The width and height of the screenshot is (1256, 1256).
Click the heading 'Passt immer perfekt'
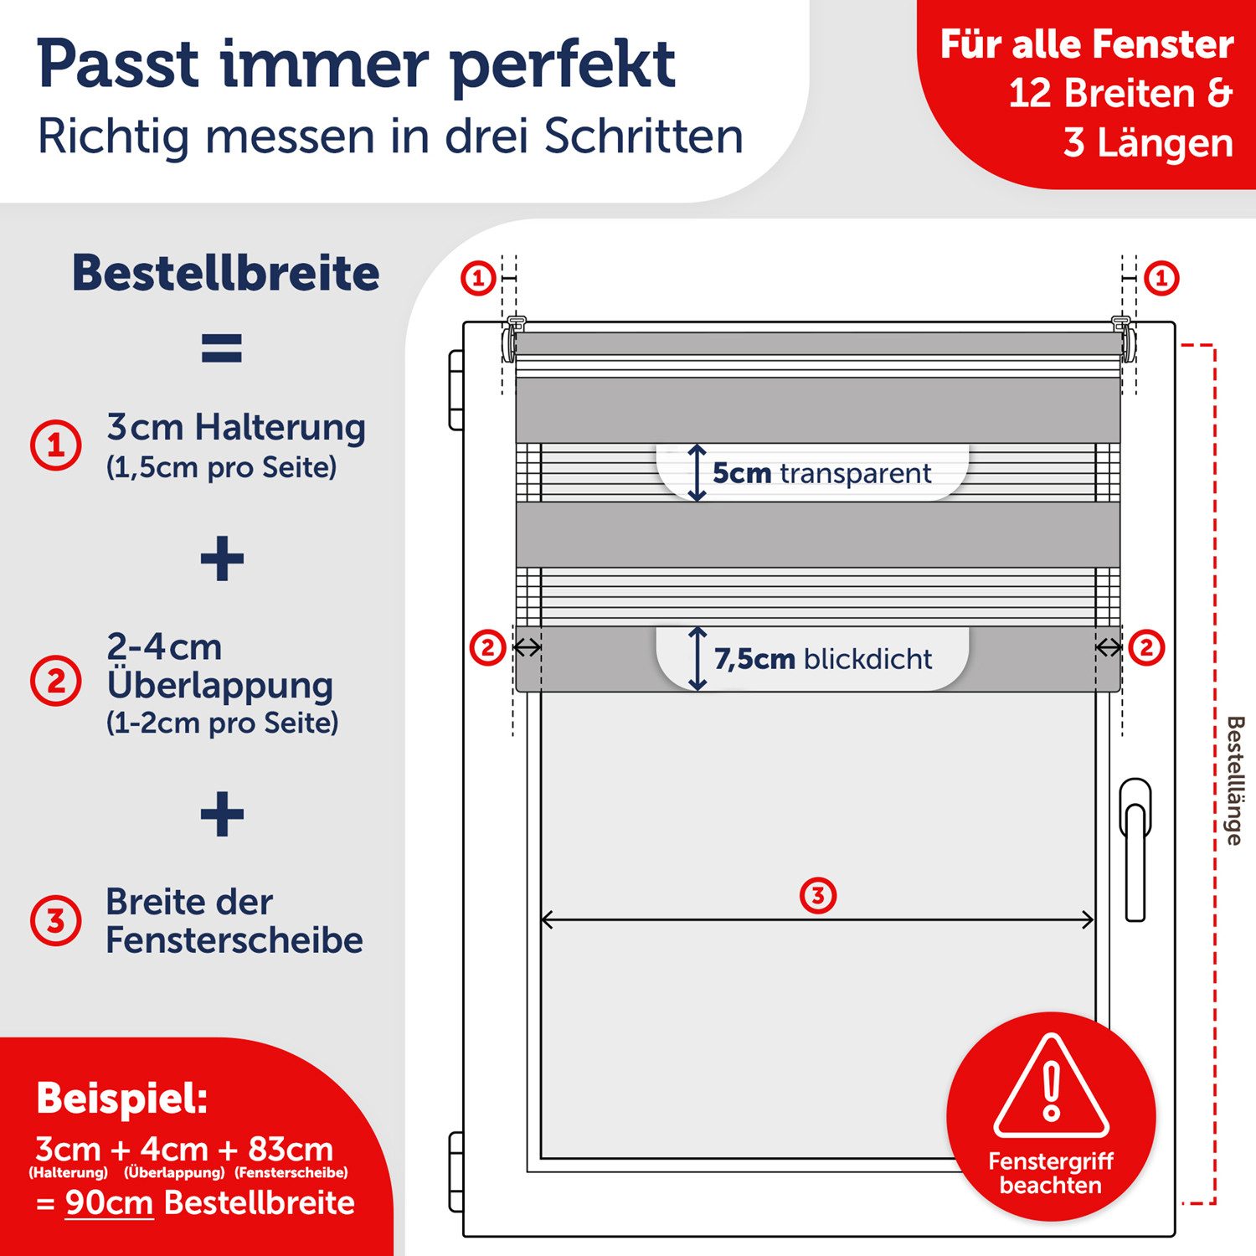[x=356, y=64]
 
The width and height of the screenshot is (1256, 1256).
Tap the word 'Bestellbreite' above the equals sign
[x=226, y=273]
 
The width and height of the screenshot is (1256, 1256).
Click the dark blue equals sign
[x=222, y=347]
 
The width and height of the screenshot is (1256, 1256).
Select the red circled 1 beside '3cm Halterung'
[x=55, y=445]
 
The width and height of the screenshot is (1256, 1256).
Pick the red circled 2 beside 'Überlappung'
[x=55, y=681]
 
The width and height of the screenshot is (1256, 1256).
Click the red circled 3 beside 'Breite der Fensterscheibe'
[x=55, y=920]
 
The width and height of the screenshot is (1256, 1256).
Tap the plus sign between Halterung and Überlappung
[x=222, y=559]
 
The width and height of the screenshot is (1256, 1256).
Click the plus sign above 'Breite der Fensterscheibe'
[x=222, y=814]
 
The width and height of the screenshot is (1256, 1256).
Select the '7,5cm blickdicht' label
[x=822, y=659]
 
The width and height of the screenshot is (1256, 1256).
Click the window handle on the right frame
[x=1135, y=850]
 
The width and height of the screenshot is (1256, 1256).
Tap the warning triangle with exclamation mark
[x=1052, y=1089]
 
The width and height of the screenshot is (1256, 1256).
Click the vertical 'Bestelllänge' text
[x=1234, y=780]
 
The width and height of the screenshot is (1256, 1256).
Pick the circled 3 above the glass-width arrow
[x=818, y=896]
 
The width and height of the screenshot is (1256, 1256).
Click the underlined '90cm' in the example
[x=109, y=1202]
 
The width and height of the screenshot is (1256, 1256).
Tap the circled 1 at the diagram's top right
[x=1161, y=278]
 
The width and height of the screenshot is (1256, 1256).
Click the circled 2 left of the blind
[x=487, y=647]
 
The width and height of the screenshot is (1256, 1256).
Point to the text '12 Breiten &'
[x=1120, y=93]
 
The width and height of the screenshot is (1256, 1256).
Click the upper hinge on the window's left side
[x=456, y=390]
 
